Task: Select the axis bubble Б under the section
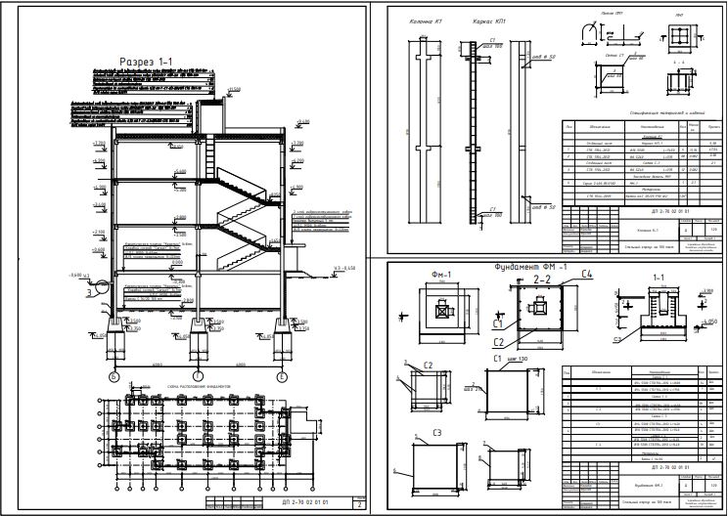tap(114, 376)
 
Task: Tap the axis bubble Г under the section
tap(198, 376)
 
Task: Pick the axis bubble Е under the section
tap(282, 376)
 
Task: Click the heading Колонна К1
tap(425, 20)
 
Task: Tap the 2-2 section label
tap(542, 279)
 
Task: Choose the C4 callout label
tap(585, 275)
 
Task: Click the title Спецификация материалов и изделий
tap(635, 114)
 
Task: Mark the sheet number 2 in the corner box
tap(361, 505)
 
